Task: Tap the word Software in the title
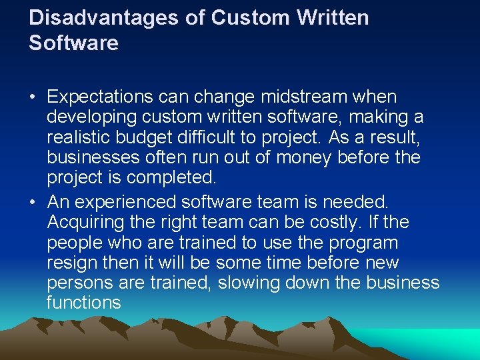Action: pos(73,44)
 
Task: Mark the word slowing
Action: pos(247,283)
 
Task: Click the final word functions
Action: pos(84,303)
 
